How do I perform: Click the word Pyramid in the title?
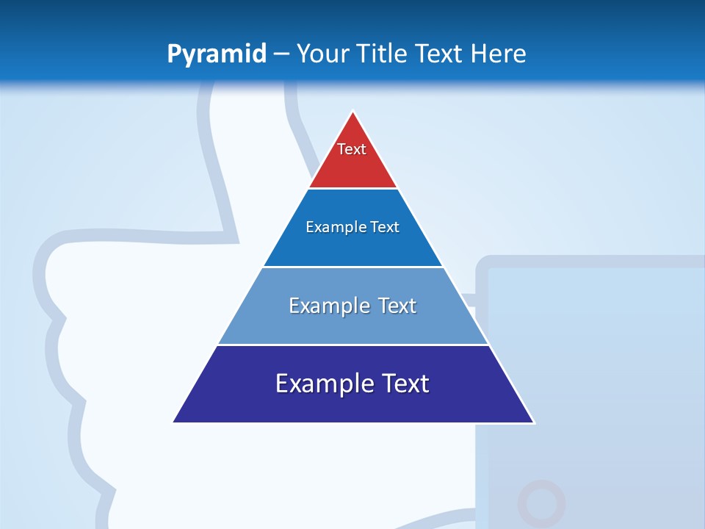point(217,54)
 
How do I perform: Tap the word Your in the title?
point(323,54)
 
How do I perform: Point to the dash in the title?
point(281,54)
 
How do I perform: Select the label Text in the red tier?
point(352,149)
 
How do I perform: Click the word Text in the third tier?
point(397,306)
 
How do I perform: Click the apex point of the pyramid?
point(353,112)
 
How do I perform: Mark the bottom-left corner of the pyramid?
point(173,422)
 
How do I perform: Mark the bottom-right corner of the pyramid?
point(534,422)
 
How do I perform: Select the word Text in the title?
point(440,54)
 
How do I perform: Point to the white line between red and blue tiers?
point(353,189)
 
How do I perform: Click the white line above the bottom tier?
point(353,345)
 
